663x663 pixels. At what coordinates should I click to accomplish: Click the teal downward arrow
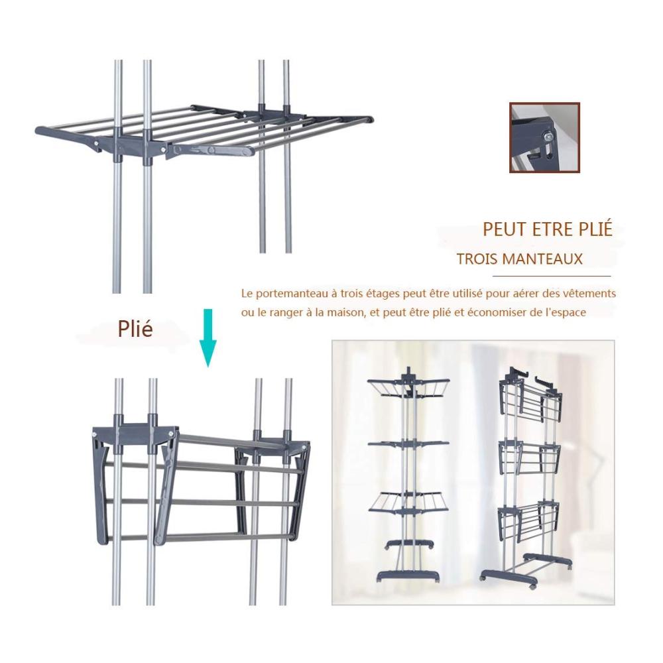208,337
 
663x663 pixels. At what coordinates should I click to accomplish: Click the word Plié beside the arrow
135,329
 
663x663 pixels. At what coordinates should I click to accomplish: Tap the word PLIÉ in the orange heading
593,229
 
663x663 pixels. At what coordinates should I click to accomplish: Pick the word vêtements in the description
591,293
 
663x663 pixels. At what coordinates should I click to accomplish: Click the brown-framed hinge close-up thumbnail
544,137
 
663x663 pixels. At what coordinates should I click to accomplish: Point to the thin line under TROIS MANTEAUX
552,276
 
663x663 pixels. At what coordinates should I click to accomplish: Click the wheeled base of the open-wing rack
408,576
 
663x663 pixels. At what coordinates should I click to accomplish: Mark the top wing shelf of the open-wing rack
408,387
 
